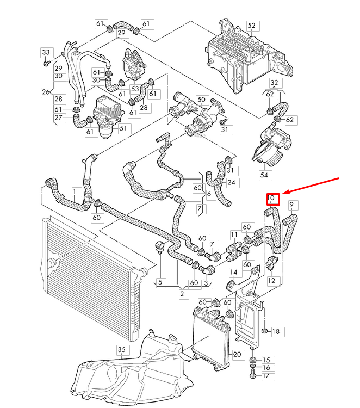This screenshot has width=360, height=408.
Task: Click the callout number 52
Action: (251, 26)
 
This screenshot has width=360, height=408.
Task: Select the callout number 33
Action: (46, 53)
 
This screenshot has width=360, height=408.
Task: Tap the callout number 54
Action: (264, 175)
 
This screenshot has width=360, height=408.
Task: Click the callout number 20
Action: (237, 354)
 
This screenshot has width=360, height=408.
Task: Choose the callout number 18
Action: (275, 331)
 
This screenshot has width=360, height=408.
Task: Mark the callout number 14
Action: (233, 272)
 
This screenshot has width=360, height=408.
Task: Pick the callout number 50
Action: (202, 100)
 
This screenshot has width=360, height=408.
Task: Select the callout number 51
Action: (122, 128)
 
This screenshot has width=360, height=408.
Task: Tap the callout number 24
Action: (231, 183)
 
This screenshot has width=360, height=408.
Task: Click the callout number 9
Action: (293, 205)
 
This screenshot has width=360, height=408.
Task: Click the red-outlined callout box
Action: (272, 199)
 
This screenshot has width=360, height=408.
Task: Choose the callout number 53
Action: (135, 89)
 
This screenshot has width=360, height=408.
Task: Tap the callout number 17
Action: (266, 375)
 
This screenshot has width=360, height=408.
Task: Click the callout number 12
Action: (270, 281)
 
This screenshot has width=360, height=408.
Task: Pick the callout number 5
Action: (160, 282)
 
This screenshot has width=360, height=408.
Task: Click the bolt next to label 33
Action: (46, 63)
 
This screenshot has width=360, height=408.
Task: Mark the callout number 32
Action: (275, 83)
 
